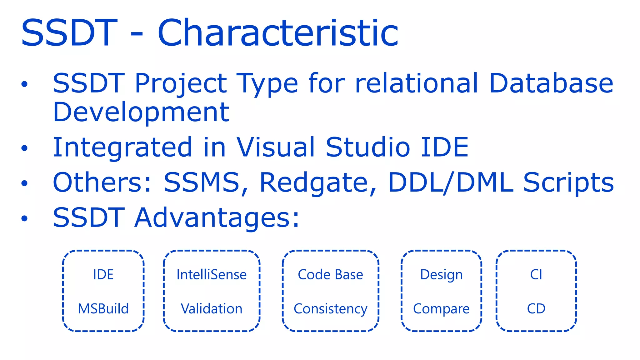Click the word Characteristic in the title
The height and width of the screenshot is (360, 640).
click(x=278, y=33)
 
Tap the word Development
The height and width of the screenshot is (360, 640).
click(x=141, y=112)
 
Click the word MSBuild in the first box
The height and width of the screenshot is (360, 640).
click(x=103, y=309)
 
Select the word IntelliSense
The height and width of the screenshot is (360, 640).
click(x=212, y=275)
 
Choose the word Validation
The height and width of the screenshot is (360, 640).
click(x=212, y=309)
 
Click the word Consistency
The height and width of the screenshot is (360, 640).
click(x=330, y=309)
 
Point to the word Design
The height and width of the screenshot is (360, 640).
click(x=441, y=275)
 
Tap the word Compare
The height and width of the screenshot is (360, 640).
click(x=441, y=309)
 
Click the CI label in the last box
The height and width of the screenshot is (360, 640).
click(x=536, y=275)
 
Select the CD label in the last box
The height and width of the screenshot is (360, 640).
click(x=536, y=309)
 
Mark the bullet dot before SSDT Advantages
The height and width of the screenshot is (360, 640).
click(x=24, y=218)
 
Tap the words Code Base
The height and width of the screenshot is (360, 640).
click(x=330, y=275)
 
